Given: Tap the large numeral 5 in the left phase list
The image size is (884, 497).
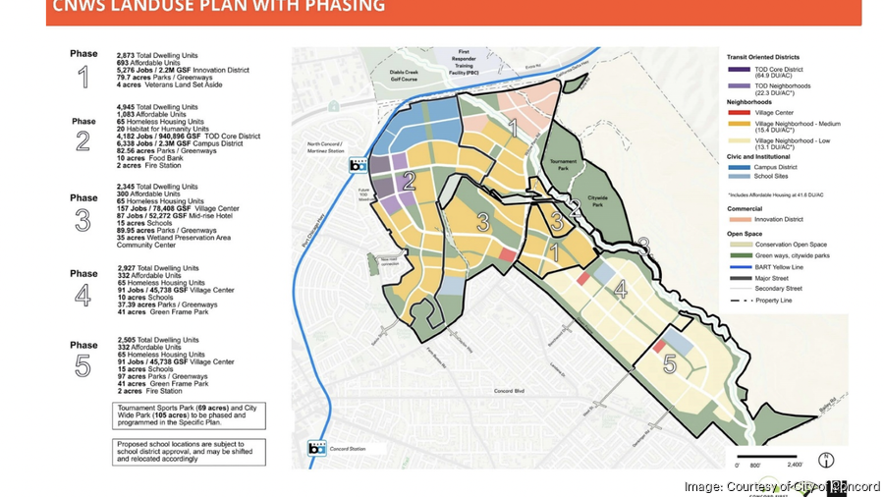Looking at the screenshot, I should pos(83,365).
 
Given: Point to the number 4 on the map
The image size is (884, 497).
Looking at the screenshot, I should pos(620,290).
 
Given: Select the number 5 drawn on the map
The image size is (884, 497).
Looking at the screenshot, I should pos(670,364).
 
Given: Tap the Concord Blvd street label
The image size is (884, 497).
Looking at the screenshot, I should pos(527,391).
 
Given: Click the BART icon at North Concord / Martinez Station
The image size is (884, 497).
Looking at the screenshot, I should pos(359,165).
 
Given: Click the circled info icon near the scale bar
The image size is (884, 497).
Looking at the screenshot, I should pos(826,459).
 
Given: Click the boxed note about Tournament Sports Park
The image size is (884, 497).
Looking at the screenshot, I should pos(187,414).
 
